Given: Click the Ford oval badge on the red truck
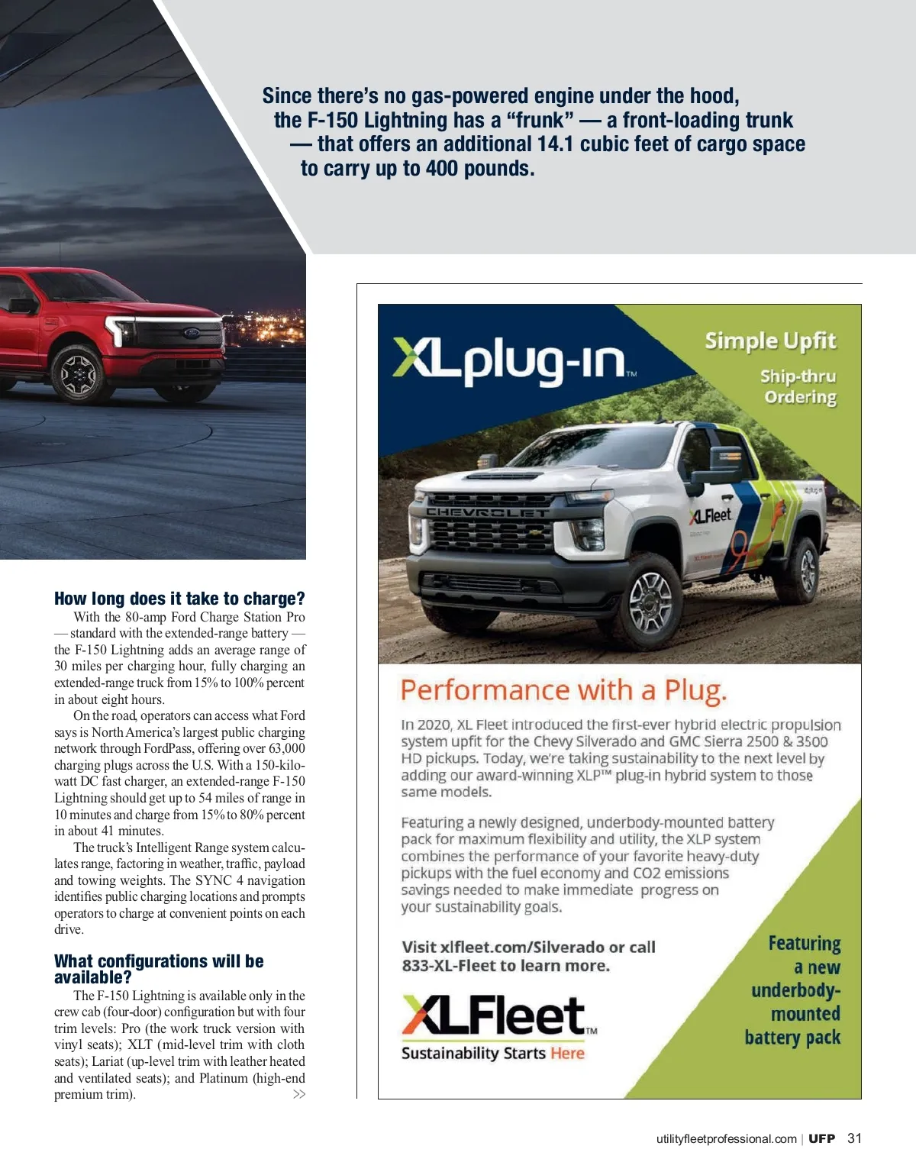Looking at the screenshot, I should [x=192, y=333].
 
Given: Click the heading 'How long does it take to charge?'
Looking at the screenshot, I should [x=179, y=599].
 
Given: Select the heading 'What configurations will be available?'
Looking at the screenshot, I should [x=159, y=969].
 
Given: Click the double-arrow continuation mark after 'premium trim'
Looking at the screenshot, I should [x=299, y=1095].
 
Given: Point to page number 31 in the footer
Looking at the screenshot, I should [x=854, y=1138].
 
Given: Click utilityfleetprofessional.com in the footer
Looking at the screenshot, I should [x=726, y=1139].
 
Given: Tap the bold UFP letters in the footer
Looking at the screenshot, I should [x=822, y=1138].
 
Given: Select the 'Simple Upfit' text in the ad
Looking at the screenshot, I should [x=770, y=341].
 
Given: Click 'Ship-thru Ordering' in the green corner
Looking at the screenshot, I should [x=798, y=386].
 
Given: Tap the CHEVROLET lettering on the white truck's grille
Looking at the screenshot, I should [x=486, y=512].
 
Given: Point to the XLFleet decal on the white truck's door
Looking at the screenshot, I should [x=710, y=515].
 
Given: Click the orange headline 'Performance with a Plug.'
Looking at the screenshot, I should [x=563, y=690].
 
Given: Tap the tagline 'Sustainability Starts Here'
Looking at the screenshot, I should [x=493, y=1054].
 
